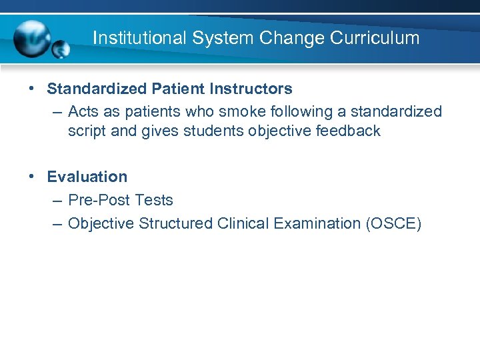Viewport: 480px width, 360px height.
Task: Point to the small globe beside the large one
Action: click(62, 49)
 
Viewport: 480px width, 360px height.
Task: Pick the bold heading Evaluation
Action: click(87, 177)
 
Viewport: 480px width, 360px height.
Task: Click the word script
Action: click(87, 131)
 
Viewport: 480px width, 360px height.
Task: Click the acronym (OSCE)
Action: click(393, 223)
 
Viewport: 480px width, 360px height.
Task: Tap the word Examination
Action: click(317, 223)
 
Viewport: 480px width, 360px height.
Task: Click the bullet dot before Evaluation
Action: click(31, 176)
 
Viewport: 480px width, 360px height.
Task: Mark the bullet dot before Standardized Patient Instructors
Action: click(31, 88)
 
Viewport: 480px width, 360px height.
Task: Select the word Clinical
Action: click(243, 223)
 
